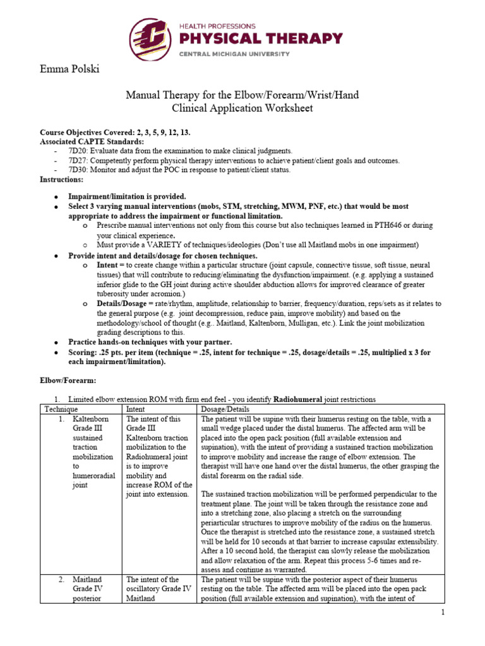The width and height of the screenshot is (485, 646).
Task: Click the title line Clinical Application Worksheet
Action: [x=242, y=109]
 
